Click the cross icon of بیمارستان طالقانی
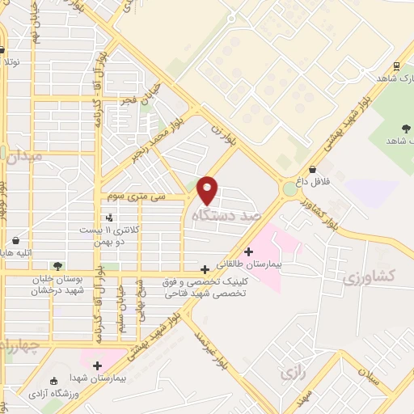[248, 251]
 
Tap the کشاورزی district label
[368, 277]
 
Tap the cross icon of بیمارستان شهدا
[98, 365]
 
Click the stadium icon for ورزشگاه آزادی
[53, 381]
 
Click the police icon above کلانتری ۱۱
[109, 218]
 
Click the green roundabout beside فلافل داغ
[289, 190]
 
